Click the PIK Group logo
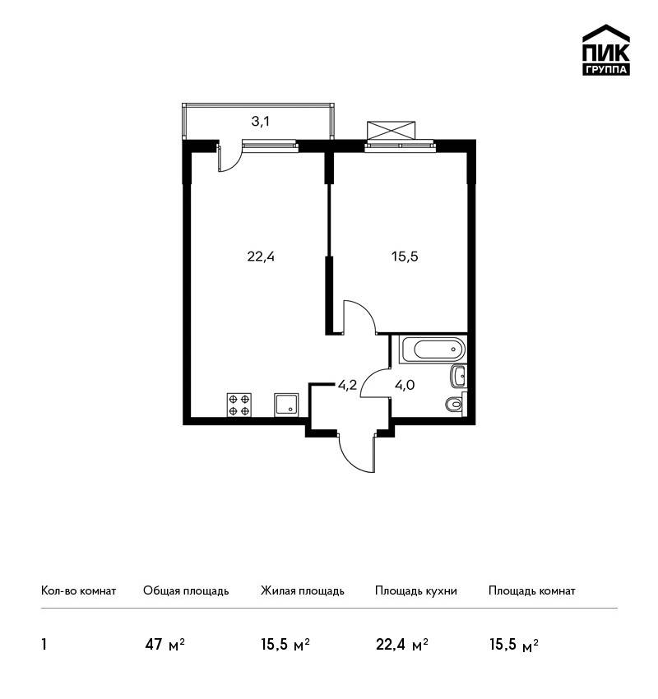(606, 50)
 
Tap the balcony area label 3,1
(261, 121)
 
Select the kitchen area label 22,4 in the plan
(261, 257)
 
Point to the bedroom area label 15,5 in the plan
(405, 257)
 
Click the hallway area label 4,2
(347, 385)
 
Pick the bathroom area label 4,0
(405, 385)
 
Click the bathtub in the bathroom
(433, 349)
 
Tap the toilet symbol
(455, 404)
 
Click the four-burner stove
(239, 405)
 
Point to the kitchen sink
(286, 405)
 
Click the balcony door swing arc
(235, 162)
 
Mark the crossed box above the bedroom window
(391, 130)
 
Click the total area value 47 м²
(164, 645)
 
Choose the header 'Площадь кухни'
(416, 591)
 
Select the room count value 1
(44, 645)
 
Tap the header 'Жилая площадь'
(302, 591)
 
